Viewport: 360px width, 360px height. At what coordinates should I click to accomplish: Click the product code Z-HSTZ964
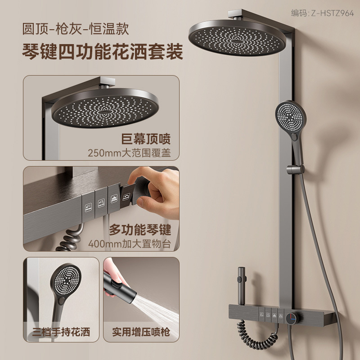[x=332, y=13]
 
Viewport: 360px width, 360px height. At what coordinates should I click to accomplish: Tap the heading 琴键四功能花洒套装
[x=103, y=52]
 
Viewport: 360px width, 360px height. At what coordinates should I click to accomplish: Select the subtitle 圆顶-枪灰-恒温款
[x=76, y=29]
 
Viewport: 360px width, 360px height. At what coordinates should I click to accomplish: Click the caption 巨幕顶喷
[x=146, y=139]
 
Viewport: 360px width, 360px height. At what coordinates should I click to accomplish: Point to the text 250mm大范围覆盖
[x=129, y=153]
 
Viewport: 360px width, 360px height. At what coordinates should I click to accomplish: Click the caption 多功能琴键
[x=140, y=230]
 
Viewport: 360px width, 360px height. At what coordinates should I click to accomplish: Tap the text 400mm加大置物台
[x=130, y=244]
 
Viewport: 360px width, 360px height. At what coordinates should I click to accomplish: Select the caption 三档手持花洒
[x=61, y=332]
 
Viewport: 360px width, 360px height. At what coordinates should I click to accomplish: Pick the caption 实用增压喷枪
[x=141, y=332]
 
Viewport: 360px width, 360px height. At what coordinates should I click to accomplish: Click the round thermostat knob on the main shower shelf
[x=291, y=318]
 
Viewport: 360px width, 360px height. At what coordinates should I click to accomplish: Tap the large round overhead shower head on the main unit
[x=237, y=38]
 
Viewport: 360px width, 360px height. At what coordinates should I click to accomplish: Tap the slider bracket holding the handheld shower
[x=295, y=170]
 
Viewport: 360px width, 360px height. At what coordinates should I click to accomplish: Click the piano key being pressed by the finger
[x=126, y=196]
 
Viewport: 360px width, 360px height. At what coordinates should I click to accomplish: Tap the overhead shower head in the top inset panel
[x=105, y=108]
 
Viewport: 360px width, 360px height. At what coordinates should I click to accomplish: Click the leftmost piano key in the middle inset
[x=88, y=207]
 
